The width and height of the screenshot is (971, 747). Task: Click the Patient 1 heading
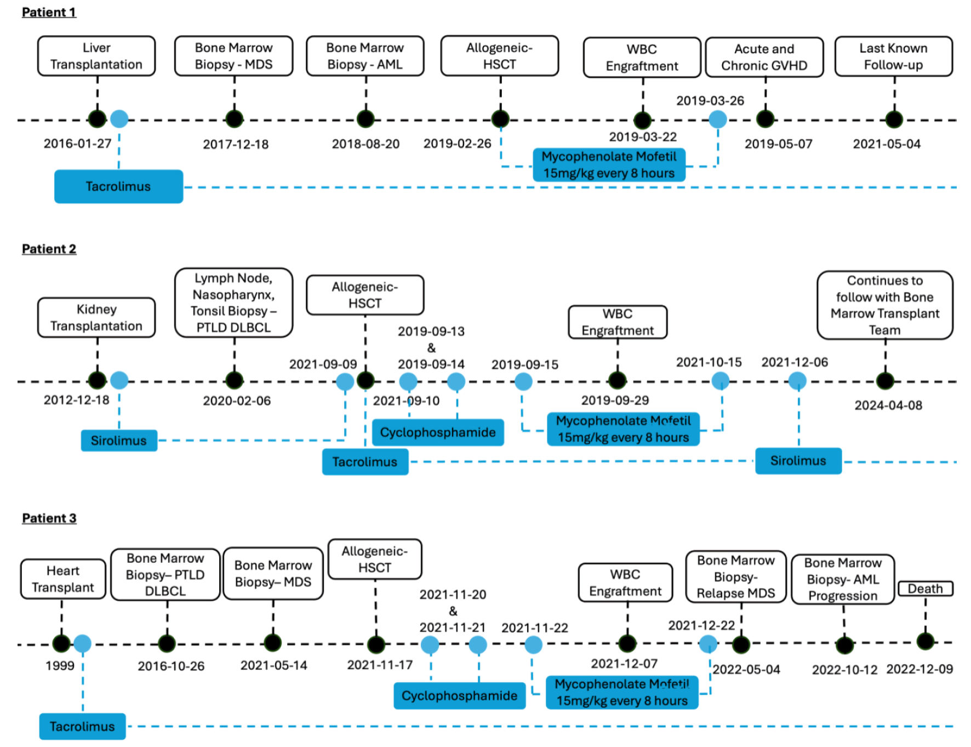coord(49,12)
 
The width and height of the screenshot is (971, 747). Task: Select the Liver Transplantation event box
coord(96,56)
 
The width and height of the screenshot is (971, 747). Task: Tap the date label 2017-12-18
coord(236,144)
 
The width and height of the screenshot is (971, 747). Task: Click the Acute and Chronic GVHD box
coord(764,57)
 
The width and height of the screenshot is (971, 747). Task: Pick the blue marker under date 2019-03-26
coord(718,119)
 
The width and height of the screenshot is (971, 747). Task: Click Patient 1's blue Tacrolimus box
coord(118,186)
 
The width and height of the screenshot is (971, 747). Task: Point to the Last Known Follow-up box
coord(893,56)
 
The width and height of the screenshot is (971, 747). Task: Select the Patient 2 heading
coord(49,249)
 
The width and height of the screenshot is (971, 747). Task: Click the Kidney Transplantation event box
coord(96,317)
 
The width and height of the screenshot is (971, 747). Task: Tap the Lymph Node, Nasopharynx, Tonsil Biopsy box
coord(233,303)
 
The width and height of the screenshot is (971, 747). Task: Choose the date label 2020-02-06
coord(237,401)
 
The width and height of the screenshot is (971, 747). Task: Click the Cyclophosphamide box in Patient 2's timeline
coord(438,432)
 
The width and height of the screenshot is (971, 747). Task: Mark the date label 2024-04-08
coord(888,405)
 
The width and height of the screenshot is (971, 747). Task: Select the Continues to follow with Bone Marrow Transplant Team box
coord(885,305)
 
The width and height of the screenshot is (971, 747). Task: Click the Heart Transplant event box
coord(63,579)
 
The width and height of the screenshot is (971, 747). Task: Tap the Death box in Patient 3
coord(926,589)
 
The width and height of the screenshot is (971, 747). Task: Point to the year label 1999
coord(60,665)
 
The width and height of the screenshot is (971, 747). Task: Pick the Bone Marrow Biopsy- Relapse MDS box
coord(736,577)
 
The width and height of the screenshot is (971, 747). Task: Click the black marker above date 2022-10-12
coord(844,645)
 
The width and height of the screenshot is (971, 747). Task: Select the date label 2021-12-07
coord(624,663)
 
